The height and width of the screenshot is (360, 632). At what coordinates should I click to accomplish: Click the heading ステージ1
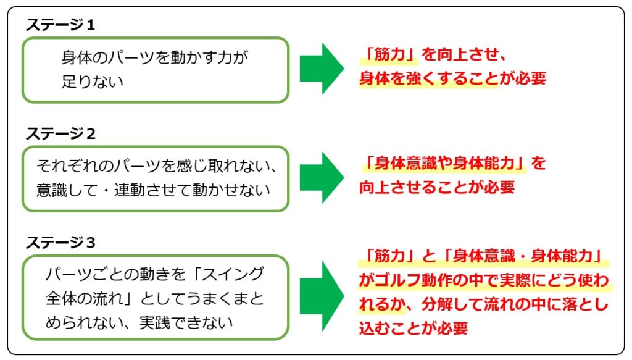(60, 25)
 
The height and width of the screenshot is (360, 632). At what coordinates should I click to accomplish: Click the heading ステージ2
(60, 134)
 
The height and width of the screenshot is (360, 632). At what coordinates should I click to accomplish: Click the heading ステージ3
(60, 243)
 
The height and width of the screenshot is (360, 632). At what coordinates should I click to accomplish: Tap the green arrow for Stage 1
(322, 69)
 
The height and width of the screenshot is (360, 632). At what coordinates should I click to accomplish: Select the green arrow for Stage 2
(322, 177)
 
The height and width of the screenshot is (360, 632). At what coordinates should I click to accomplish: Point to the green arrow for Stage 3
(322, 296)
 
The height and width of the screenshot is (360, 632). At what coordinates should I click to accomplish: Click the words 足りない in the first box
(93, 82)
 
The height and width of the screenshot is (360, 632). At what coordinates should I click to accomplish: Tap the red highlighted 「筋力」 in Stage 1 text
(389, 54)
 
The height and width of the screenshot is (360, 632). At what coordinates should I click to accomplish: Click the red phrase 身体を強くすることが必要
(452, 78)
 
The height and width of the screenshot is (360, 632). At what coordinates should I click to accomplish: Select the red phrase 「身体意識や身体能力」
(444, 163)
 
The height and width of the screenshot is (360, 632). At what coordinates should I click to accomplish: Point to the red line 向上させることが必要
(437, 188)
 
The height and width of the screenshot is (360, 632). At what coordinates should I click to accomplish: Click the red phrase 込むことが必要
(414, 329)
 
